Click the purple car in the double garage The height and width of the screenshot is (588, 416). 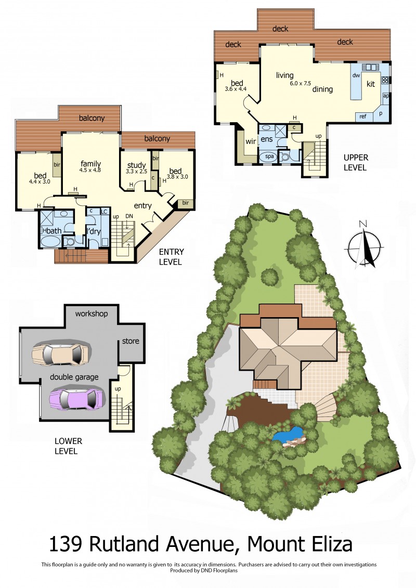[x=77, y=399]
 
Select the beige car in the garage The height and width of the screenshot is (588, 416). [x=60, y=354]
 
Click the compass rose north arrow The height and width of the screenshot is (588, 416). [x=364, y=248]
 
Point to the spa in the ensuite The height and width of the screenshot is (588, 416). [x=269, y=157]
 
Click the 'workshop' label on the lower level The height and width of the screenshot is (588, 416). [x=92, y=313]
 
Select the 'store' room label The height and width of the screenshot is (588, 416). [x=131, y=341]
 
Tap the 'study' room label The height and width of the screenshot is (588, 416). [x=136, y=165]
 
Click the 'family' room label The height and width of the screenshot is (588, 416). [x=91, y=164]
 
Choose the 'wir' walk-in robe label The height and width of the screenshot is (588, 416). [x=251, y=141]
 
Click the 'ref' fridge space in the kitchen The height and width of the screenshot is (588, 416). [x=363, y=116]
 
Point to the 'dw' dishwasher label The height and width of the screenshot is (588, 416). [x=356, y=75]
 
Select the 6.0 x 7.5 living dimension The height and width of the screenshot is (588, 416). [x=300, y=83]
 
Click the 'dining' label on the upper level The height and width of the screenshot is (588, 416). [x=322, y=89]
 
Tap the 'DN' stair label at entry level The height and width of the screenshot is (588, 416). [x=129, y=216]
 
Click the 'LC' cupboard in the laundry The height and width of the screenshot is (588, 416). [x=104, y=212]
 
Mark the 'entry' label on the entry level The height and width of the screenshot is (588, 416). [x=142, y=205]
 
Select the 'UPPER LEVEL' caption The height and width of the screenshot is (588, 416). [x=356, y=162]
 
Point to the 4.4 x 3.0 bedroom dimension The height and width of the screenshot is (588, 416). [x=40, y=181]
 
